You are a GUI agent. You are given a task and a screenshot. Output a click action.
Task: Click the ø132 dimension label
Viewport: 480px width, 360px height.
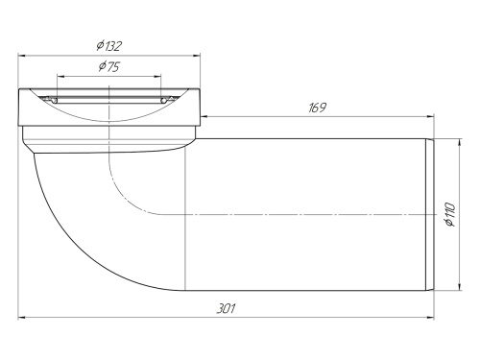click(x=108, y=45)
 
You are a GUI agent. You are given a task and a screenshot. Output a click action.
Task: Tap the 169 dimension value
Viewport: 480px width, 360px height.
click(x=316, y=108)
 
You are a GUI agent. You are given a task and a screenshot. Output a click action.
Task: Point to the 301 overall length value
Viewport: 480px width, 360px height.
click(x=227, y=308)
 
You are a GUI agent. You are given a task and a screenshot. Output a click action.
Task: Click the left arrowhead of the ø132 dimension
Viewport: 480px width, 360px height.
click(x=21, y=56)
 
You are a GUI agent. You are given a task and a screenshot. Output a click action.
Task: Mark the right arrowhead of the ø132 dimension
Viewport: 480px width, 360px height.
click(x=199, y=56)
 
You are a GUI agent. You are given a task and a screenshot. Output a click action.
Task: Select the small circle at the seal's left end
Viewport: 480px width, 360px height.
click(x=55, y=98)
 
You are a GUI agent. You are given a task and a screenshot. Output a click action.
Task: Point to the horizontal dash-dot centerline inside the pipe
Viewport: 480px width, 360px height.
click(x=288, y=214)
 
